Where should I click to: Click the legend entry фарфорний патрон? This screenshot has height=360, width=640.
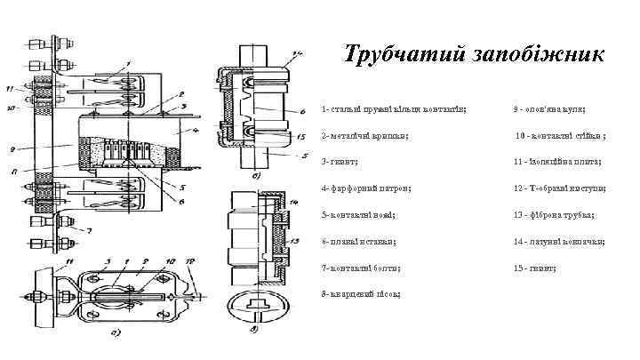pyautogui.click(x=367, y=188)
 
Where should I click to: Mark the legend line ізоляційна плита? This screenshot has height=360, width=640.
pyautogui.click(x=557, y=162)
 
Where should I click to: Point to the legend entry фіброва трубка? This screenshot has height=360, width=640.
pyautogui.click(x=554, y=215)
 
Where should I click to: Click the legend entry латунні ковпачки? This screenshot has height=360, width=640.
pyautogui.click(x=559, y=241)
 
